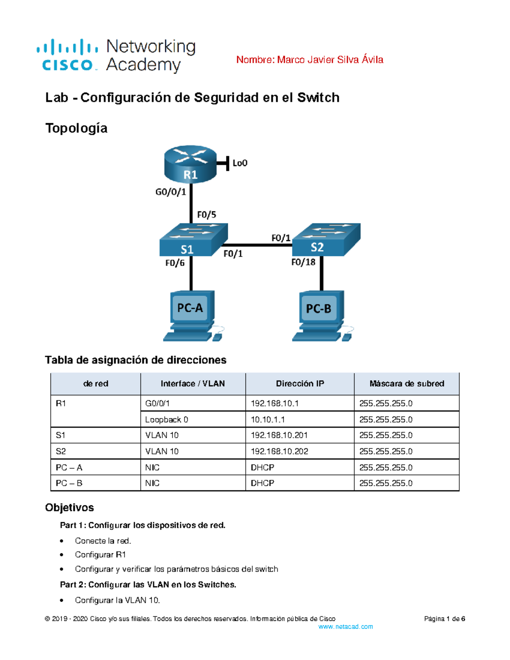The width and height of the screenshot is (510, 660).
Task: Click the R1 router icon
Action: point(190,164)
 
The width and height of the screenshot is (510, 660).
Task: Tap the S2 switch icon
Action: point(326,240)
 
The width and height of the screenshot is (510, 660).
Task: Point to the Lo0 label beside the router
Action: point(240,163)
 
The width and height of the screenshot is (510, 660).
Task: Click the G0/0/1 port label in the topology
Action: point(170,192)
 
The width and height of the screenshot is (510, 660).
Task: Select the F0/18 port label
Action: point(303,262)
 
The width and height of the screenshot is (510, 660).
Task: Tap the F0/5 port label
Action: point(207,215)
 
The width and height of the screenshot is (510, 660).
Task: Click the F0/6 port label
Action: point(175,263)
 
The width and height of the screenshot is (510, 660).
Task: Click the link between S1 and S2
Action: point(258,245)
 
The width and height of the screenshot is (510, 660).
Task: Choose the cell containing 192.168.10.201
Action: point(279,435)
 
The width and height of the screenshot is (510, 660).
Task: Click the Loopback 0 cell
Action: point(167,419)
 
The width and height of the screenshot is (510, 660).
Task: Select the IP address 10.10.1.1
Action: point(268,419)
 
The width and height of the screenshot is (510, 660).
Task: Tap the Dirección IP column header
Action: point(300,384)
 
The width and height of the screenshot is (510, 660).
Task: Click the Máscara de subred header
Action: point(406,384)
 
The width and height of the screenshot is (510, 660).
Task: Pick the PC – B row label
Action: point(69,483)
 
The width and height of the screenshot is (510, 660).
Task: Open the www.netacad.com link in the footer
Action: point(345,627)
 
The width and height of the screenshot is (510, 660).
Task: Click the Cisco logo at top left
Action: point(68,55)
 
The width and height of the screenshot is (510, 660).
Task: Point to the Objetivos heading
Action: point(69,507)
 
